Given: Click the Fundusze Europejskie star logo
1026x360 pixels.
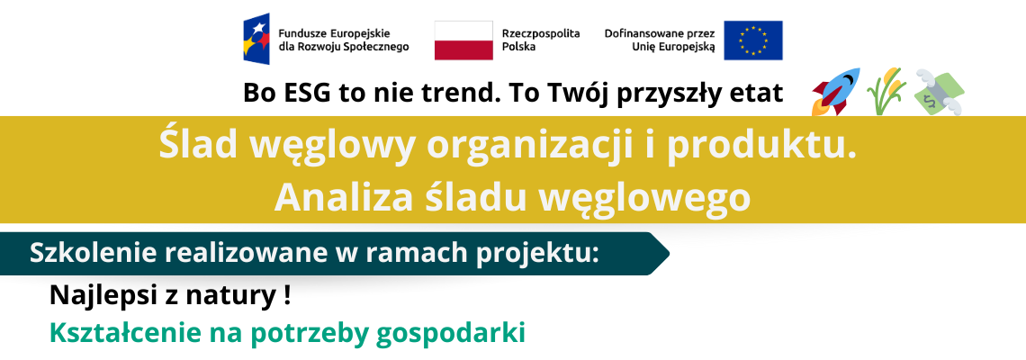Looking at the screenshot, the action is coord(256,39).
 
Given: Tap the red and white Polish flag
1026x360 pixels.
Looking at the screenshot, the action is coord(463,40).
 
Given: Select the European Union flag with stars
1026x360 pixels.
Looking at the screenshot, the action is coord(753,40).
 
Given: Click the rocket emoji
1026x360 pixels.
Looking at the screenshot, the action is coord(835,91).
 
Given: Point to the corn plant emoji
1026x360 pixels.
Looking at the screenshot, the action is coord(886,92).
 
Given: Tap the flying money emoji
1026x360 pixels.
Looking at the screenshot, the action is coord(939,93).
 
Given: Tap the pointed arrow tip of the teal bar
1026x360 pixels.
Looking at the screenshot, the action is coord(669,253).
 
